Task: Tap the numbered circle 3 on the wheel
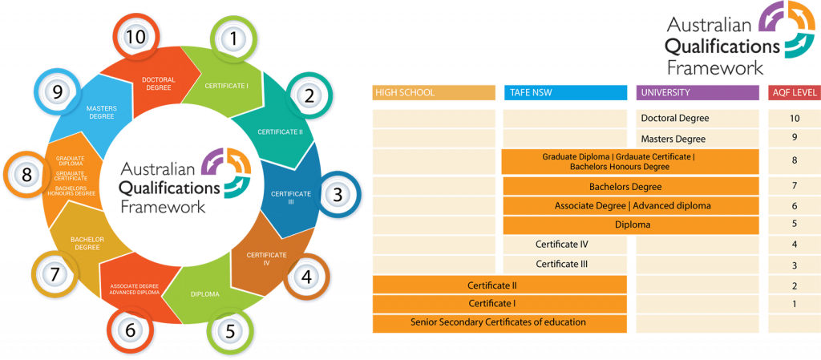point(338,194)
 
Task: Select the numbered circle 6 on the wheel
point(130,327)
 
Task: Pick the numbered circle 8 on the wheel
point(26,174)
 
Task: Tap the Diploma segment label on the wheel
point(205,294)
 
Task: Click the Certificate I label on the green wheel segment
point(227,85)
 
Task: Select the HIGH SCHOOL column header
point(434,92)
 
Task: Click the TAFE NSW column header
point(565,92)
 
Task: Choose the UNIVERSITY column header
point(697,92)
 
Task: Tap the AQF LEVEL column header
point(794,92)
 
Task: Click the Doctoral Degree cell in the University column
point(675,118)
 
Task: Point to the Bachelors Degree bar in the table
point(630,187)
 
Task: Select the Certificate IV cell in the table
point(562,244)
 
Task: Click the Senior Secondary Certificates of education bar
point(498,322)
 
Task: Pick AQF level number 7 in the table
point(794,187)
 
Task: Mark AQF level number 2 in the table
point(794,285)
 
